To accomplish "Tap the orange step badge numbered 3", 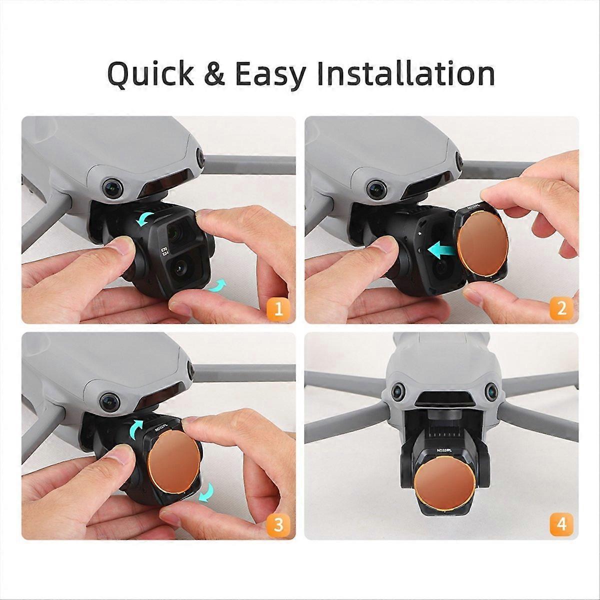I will tap(279, 524).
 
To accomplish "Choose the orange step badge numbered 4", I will tap(561, 524).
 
